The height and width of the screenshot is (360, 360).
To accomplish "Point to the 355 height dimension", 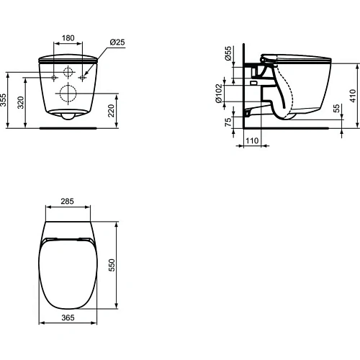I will [5, 100].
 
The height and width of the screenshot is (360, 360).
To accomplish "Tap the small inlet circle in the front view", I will [69, 72].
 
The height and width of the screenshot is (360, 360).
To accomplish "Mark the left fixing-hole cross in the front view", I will [55, 77].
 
